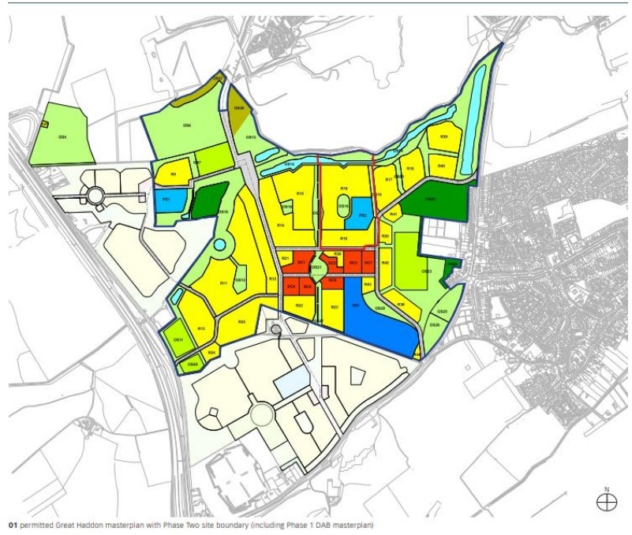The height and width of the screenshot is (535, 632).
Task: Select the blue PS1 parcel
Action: (x=167, y=200)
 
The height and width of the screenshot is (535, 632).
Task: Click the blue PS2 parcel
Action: (x=361, y=214)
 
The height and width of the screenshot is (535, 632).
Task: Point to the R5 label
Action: (x=173, y=173)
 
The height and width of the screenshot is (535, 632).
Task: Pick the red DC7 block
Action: (x=368, y=263)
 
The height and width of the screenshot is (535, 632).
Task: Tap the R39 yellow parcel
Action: (x=443, y=137)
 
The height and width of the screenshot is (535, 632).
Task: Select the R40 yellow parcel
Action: (x=442, y=166)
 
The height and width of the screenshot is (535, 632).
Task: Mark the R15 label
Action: (x=300, y=193)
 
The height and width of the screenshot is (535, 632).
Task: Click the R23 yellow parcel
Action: (x=335, y=308)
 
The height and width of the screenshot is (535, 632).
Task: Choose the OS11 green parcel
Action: (x=178, y=340)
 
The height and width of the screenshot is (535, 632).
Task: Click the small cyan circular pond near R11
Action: (x=218, y=245)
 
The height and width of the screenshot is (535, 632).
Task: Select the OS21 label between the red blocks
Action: (x=316, y=268)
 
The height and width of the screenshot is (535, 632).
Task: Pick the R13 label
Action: (x=201, y=328)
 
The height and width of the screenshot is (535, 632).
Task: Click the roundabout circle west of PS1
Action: (x=95, y=194)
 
